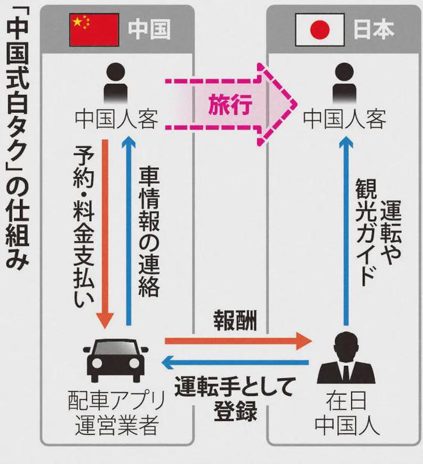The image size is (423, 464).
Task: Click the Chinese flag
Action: point(94,30)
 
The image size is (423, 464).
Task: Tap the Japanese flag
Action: point(320,29)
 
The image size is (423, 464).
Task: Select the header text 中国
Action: point(149,29)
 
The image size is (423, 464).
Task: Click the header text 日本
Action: point(374,29)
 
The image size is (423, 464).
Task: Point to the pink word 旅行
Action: point(230,104)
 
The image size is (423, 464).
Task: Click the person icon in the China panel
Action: point(117,83)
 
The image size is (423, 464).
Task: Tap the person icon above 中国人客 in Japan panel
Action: point(345,83)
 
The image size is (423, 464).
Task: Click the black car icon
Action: point(116,360)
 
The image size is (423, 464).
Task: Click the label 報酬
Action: point(235,320)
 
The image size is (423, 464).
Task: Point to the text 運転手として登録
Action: point(235,399)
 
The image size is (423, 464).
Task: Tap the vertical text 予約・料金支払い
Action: point(84,226)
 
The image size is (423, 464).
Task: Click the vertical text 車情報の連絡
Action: point(149,232)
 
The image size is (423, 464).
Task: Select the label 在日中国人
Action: point(347,413)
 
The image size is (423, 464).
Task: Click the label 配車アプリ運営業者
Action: point(116,413)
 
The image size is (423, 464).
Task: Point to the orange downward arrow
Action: point(105,234)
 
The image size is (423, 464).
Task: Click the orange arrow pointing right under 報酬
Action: point(238,341)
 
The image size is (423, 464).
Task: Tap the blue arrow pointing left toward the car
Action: point(235,363)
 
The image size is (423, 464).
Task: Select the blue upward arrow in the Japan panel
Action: point(345,231)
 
